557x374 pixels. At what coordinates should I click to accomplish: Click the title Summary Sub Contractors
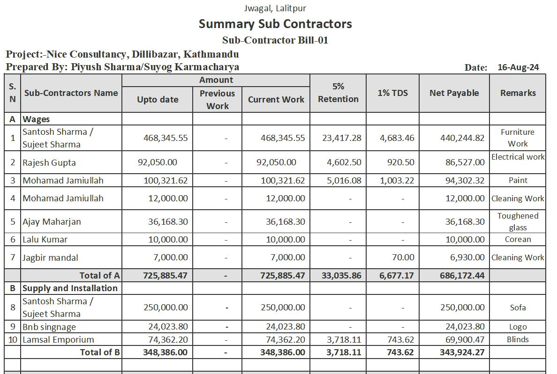tap(275, 24)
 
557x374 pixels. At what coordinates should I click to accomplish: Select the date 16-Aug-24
tap(518, 67)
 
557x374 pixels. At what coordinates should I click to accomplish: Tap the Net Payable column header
tap(454, 93)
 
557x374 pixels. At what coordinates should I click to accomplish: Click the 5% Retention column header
tap(338, 93)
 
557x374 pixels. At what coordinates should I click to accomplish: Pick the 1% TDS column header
tap(392, 93)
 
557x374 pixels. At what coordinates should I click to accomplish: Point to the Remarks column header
tap(518, 93)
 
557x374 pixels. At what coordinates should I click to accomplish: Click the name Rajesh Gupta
tap(49, 163)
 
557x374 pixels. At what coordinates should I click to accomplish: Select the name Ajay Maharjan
tap(52, 222)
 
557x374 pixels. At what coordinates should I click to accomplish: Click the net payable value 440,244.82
tap(462, 138)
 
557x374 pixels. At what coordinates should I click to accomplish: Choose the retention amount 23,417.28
tap(342, 138)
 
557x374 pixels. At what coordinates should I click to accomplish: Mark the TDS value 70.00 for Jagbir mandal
tap(403, 257)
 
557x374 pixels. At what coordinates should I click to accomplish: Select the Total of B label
tap(100, 352)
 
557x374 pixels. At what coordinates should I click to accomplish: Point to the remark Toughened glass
tap(518, 221)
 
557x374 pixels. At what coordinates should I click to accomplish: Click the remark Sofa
tap(518, 308)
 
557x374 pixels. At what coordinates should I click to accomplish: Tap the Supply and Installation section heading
tap(70, 288)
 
